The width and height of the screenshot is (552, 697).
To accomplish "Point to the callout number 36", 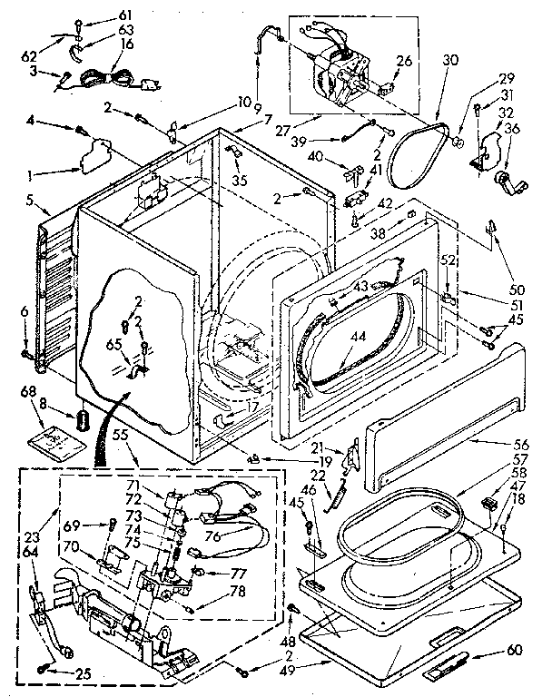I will coord(514,129).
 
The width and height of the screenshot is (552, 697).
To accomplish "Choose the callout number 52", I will coord(446,260).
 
